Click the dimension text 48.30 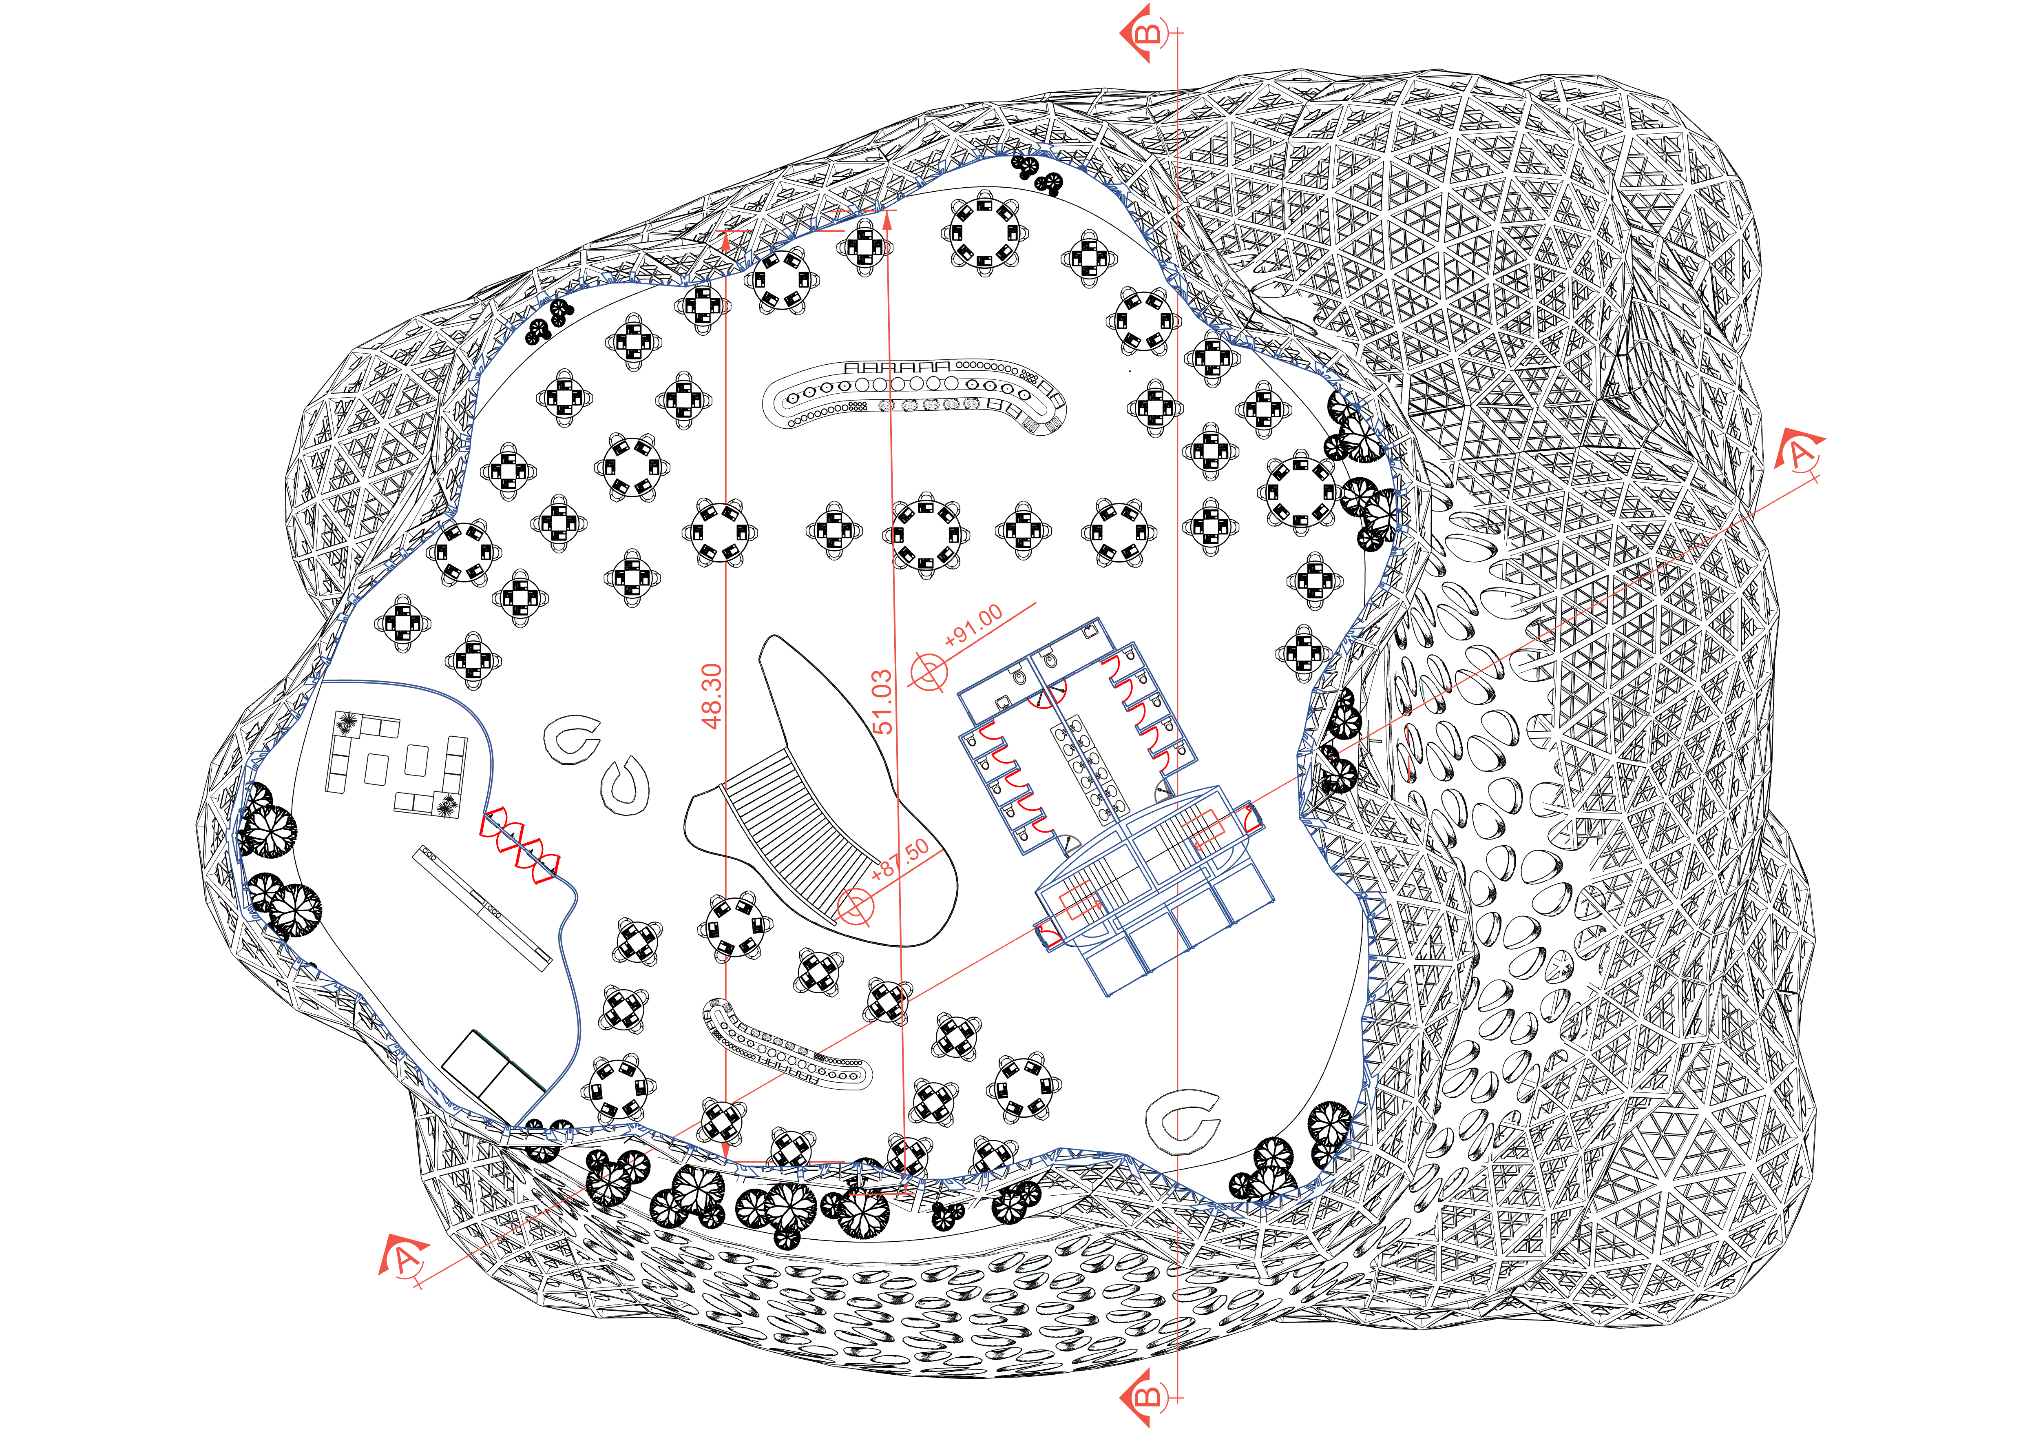712,696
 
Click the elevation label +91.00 973,626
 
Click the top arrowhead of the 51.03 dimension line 887,220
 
